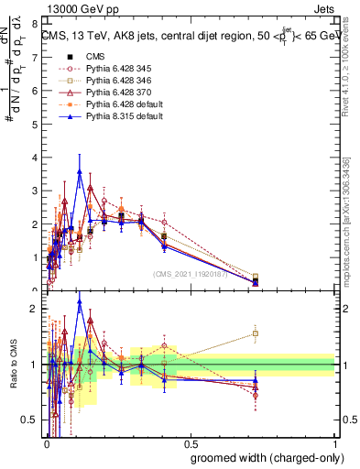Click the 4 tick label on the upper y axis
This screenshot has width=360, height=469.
35,158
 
